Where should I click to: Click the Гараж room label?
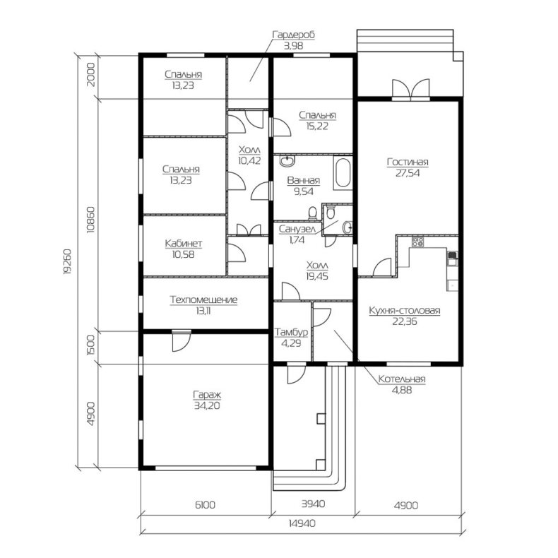207,394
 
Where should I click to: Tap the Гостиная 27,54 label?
408,167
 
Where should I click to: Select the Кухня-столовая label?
405,310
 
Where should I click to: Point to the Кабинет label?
183,244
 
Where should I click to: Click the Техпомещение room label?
203,299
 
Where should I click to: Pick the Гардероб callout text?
294,35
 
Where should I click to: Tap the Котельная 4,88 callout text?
402,384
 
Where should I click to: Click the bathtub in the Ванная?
343,173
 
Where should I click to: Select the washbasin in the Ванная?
287,161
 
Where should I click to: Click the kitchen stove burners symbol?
417,242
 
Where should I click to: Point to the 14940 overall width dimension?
302,523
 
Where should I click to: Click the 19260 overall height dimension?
67,261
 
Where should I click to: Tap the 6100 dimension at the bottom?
206,504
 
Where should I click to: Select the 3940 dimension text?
313,504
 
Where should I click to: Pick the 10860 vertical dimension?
90,220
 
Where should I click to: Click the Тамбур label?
291,333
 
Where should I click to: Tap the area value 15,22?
316,126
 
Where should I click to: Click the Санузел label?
297,229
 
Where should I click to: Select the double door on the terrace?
410,88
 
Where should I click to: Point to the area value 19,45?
317,276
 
